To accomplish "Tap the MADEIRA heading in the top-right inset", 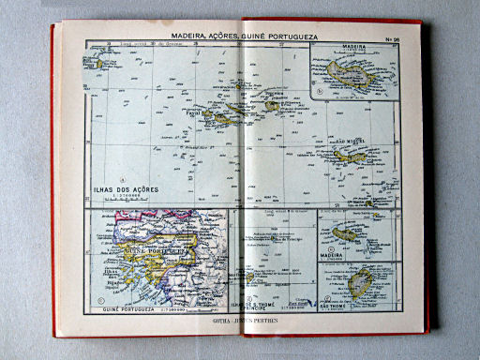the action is coord(354,46).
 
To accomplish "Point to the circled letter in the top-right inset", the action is coord(320,92).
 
